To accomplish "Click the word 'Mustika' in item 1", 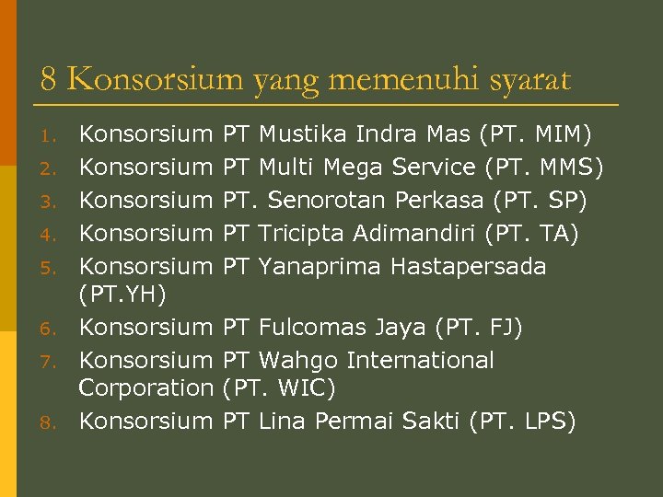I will (x=297, y=134).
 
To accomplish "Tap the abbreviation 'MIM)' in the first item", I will (x=561, y=134).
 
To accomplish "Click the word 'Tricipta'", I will (x=297, y=234).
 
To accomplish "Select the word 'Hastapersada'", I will (x=468, y=267).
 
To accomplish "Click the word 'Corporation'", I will (x=145, y=388).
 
